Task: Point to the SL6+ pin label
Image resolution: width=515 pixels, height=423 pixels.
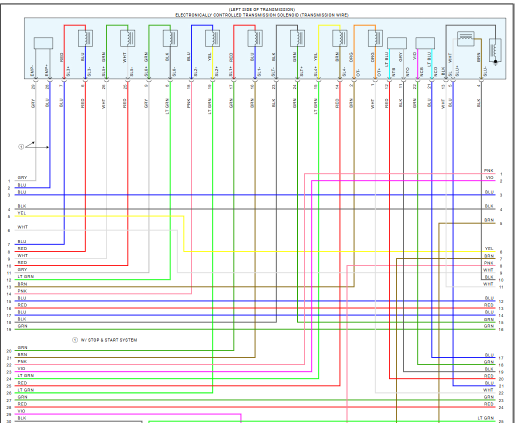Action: pyautogui.click(x=146, y=71)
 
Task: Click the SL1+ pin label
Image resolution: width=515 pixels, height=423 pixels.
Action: pyautogui.click(x=231, y=71)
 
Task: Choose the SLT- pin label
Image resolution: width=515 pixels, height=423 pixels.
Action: pyautogui.click(x=273, y=71)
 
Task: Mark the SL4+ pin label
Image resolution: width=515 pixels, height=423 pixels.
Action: pyautogui.click(x=315, y=71)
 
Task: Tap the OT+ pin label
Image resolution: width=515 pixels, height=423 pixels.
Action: pyautogui.click(x=379, y=71)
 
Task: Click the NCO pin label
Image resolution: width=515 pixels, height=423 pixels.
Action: pyautogui.click(x=435, y=71)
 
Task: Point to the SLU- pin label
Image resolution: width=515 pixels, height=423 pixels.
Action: pyautogui.click(x=484, y=71)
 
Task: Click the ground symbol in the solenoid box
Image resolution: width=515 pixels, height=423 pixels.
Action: pyautogui.click(x=495, y=62)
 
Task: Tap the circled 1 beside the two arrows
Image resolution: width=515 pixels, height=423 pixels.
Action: pyautogui.click(x=21, y=147)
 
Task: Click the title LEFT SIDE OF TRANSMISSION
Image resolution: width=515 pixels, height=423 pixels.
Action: pyautogui.click(x=262, y=9)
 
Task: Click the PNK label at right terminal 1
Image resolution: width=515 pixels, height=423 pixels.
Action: pyautogui.click(x=488, y=171)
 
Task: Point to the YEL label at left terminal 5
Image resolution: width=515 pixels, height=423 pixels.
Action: pyautogui.click(x=22, y=213)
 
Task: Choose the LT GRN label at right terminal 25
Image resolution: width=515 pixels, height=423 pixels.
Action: pyautogui.click(x=485, y=418)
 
